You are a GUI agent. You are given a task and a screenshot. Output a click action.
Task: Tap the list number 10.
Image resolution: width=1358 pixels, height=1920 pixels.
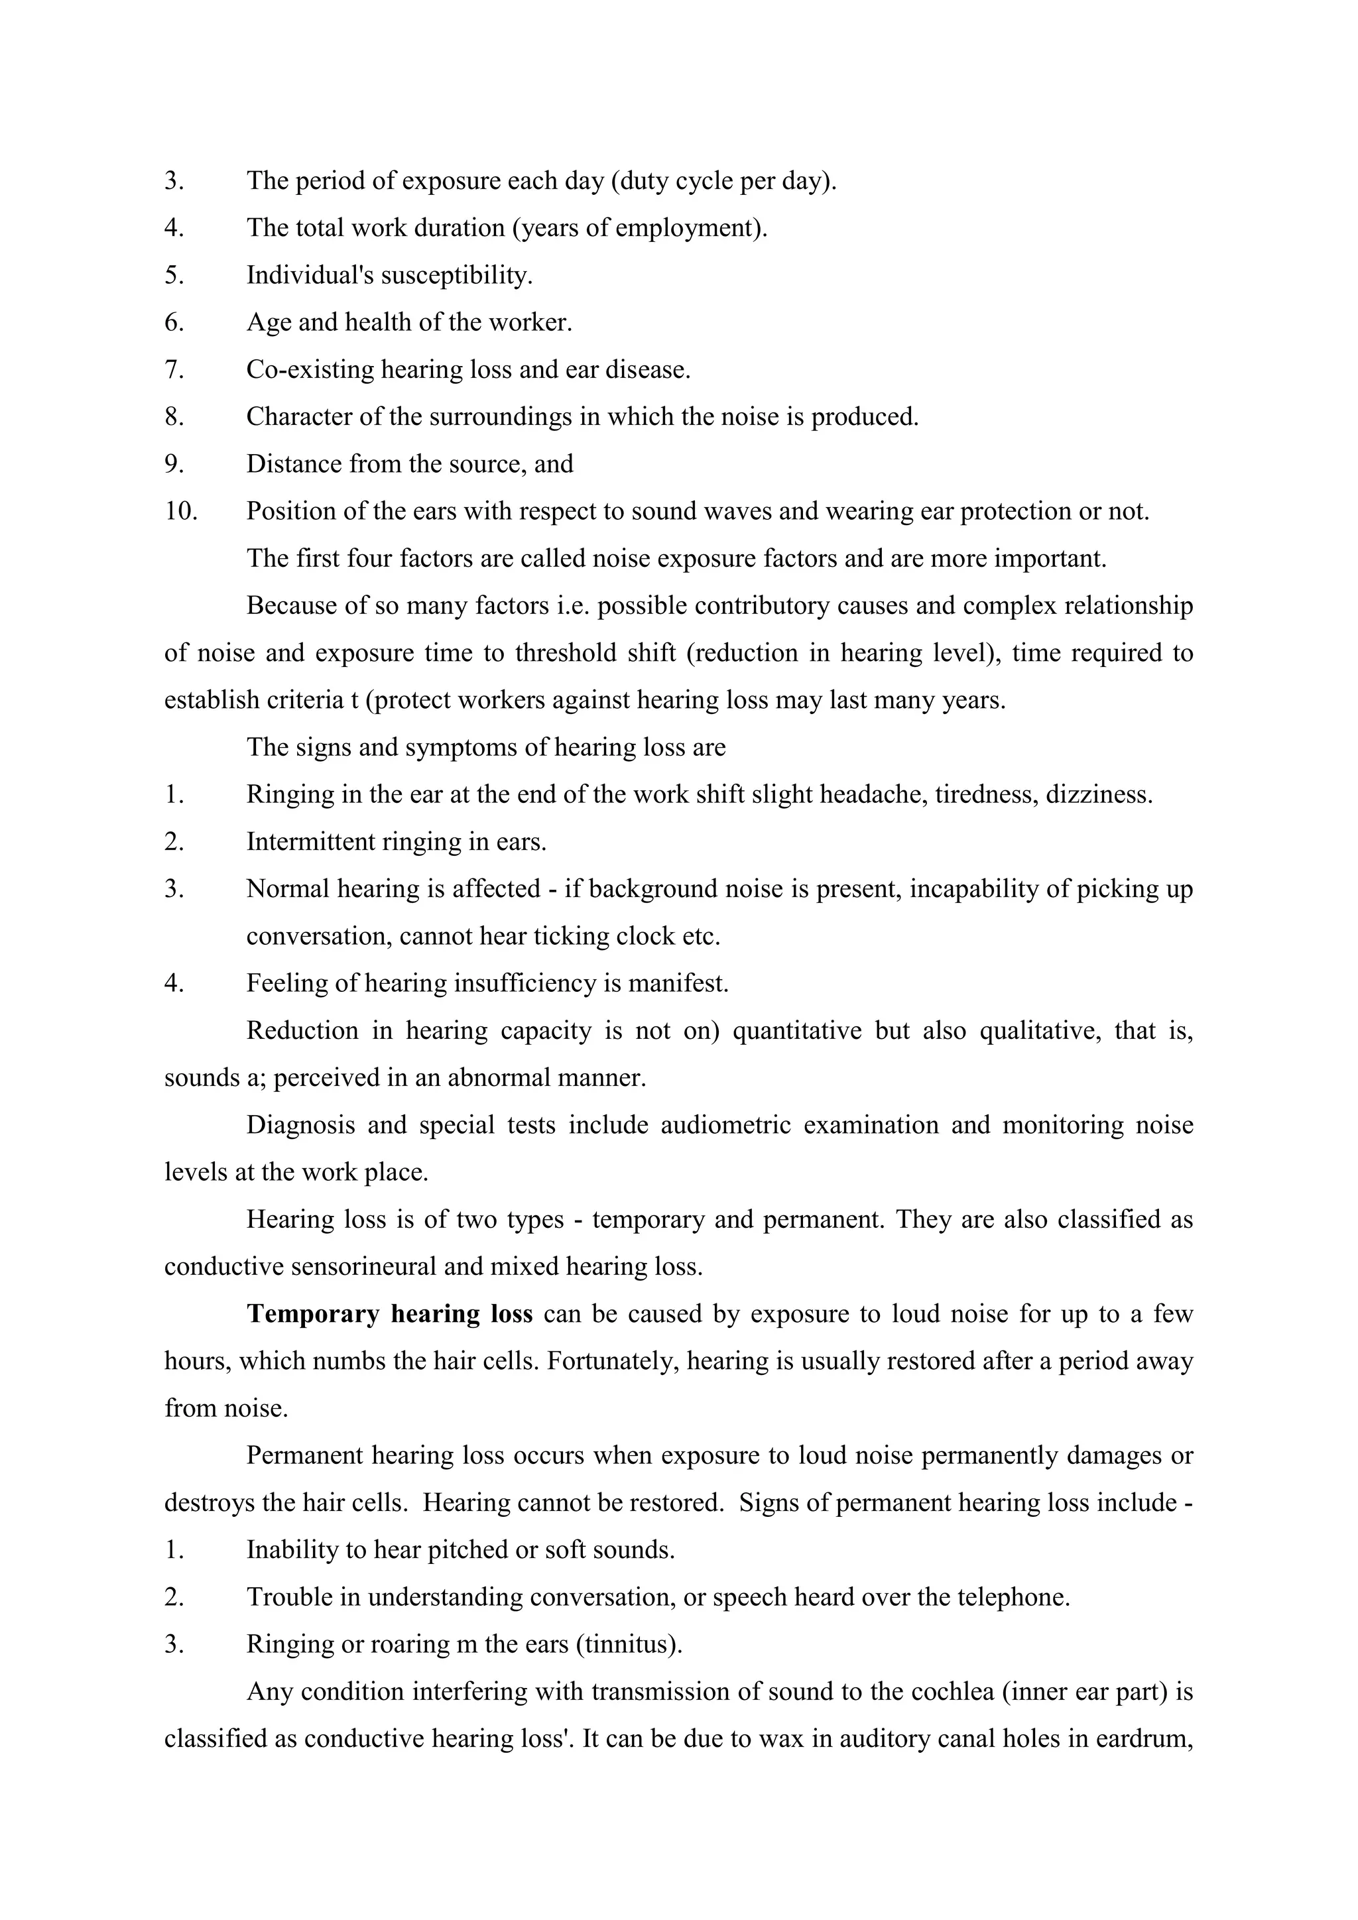click(180, 511)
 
